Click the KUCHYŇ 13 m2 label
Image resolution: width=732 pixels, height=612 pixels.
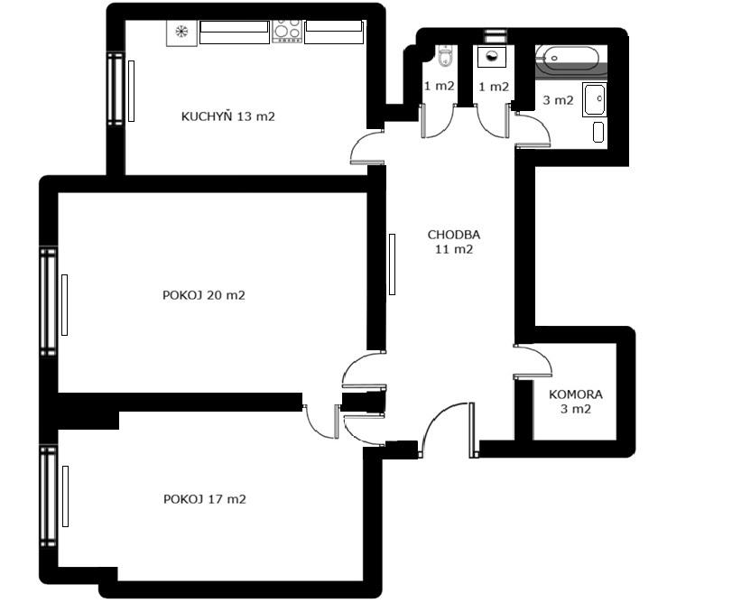point(227,116)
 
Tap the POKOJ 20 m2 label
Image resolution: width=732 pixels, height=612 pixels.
point(204,295)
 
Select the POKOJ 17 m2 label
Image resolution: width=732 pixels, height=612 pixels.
point(205,499)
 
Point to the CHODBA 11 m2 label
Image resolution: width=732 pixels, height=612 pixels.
point(454,242)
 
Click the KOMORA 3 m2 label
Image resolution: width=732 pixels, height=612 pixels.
point(576,402)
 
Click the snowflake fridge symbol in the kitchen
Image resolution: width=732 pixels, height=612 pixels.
point(181,32)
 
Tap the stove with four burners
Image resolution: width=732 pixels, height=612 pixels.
point(287,32)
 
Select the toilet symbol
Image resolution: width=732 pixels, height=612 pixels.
point(445,56)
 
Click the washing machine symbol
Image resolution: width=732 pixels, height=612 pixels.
point(492,57)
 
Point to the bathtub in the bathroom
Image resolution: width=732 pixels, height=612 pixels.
point(567,59)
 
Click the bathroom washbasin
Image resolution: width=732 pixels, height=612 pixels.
point(595,99)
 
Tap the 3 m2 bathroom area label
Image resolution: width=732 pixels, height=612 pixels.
point(558,100)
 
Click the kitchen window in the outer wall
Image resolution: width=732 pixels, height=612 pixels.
point(116,88)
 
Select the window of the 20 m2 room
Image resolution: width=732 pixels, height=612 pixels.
point(48,301)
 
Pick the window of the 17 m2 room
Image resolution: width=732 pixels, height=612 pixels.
point(48,496)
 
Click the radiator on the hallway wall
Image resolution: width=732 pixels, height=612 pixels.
point(392,264)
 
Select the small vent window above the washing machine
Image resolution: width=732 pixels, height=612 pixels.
point(496,36)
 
